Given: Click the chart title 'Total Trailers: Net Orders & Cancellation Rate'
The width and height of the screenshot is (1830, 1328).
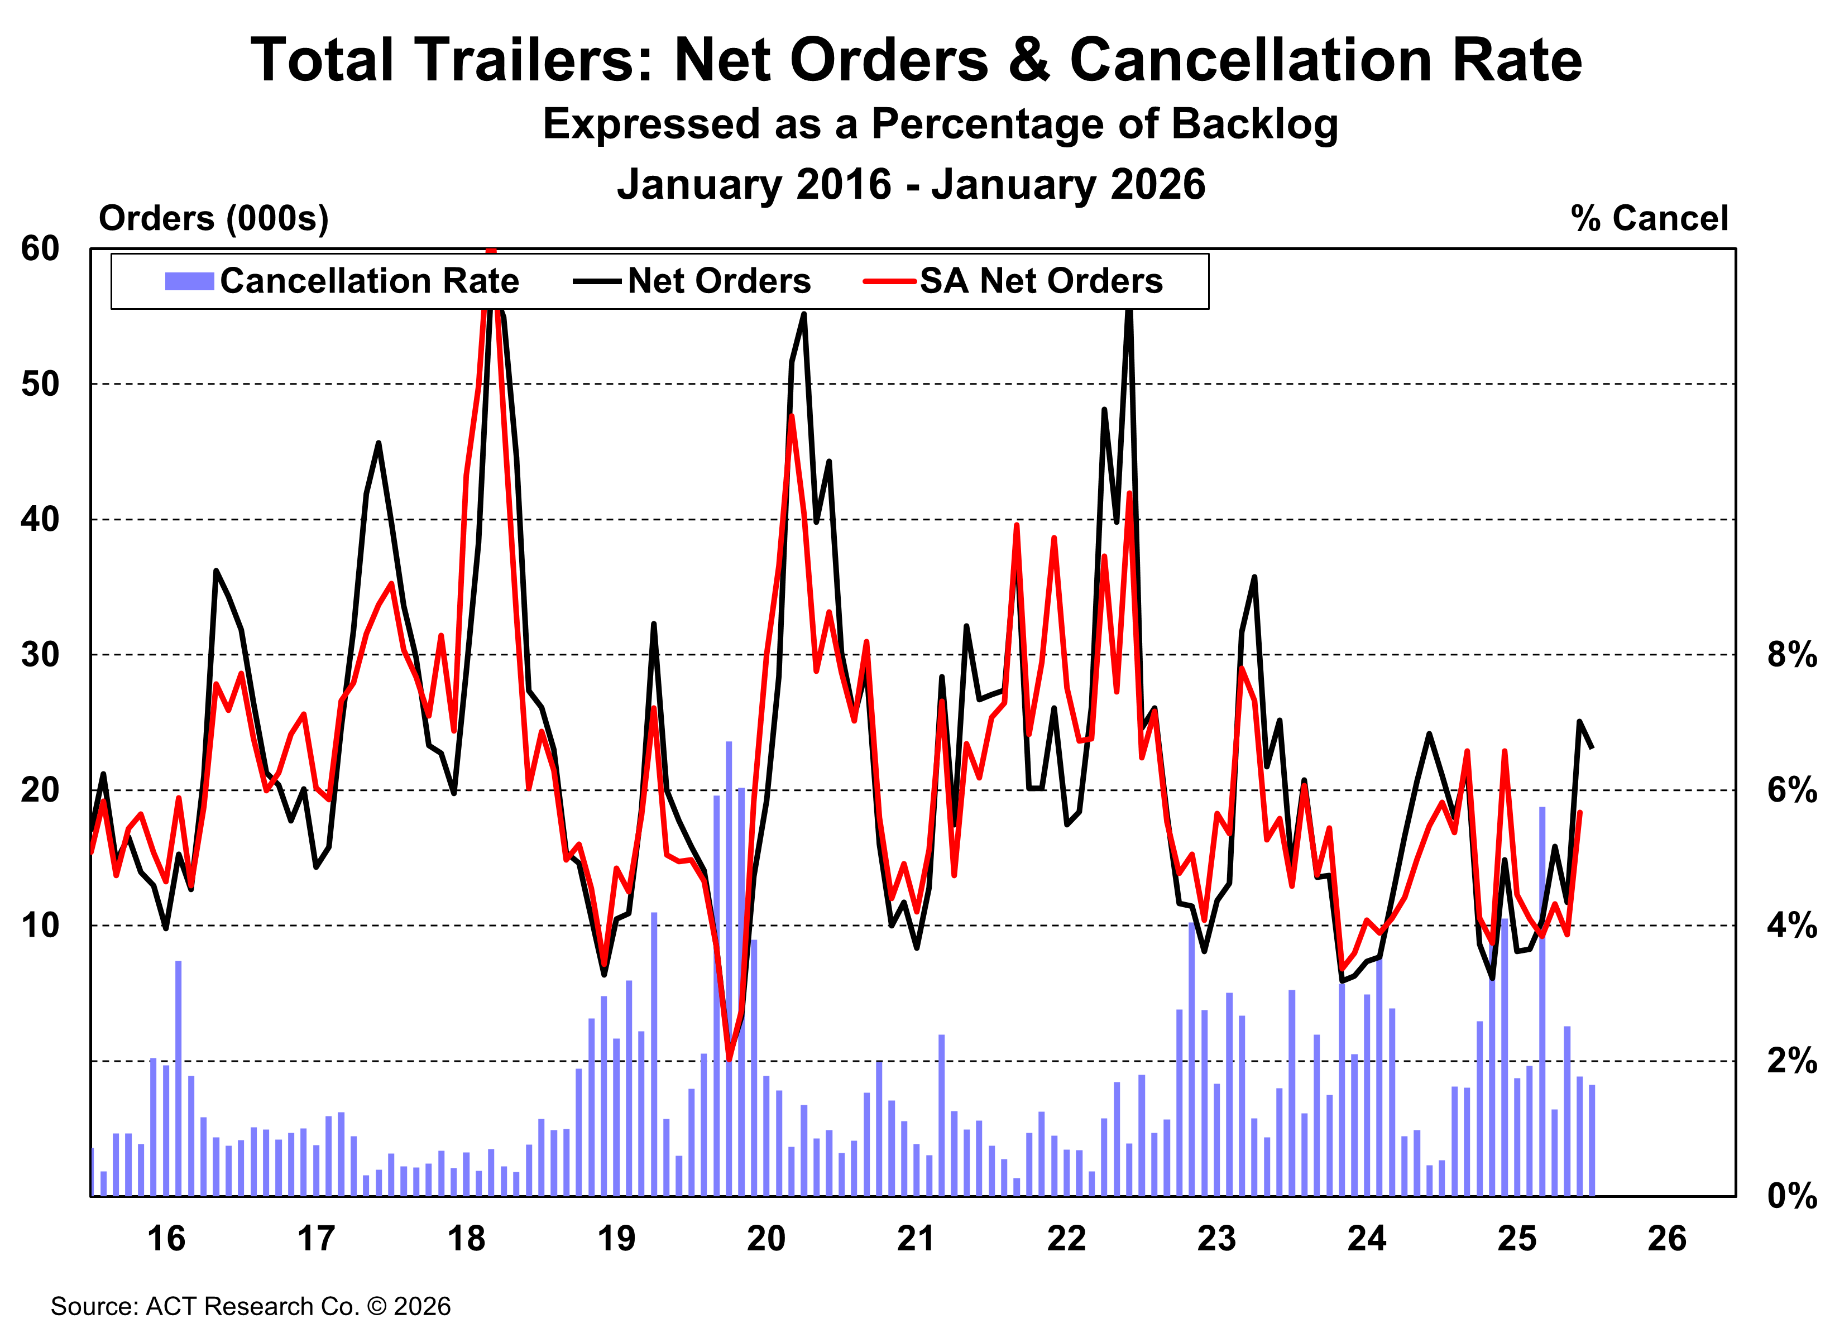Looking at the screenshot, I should (915, 60).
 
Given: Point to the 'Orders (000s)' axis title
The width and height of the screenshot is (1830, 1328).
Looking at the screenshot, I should (214, 219).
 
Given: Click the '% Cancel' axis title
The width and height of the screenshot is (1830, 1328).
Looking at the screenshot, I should (1649, 219).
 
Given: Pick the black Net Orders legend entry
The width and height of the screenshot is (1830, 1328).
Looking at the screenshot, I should (692, 281).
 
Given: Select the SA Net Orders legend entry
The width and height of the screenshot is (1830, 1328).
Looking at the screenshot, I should (1013, 281).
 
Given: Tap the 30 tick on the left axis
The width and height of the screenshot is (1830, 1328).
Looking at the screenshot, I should (40, 654).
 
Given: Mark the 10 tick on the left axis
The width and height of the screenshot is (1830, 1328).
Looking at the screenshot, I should (40, 926).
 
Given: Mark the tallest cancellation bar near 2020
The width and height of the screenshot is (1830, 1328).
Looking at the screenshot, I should (729, 968).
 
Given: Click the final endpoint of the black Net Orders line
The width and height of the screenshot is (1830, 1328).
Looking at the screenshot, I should (1592, 749).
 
